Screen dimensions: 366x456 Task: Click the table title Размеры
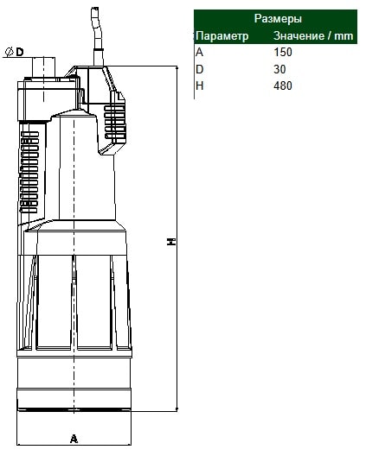click(x=278, y=19)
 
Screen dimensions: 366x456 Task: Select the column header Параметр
click(x=222, y=36)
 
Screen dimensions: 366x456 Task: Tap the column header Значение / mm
click(x=313, y=35)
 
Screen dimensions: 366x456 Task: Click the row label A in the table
click(x=199, y=53)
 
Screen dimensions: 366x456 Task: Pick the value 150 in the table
click(x=283, y=53)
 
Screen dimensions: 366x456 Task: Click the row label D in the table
click(x=200, y=69)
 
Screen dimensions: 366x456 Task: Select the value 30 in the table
click(x=279, y=69)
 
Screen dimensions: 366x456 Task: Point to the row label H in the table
click(x=200, y=86)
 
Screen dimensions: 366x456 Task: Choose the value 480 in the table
click(x=283, y=86)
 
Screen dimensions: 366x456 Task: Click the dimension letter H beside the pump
click(x=171, y=241)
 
